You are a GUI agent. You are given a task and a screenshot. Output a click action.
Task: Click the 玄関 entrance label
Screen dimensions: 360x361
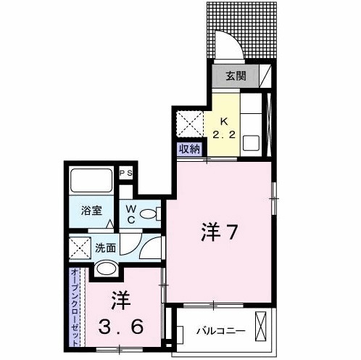pos(234,76)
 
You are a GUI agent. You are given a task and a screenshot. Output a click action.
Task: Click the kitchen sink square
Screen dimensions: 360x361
pos(251,143)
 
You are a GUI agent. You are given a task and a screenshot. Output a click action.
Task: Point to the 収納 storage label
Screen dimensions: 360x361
pos(188,150)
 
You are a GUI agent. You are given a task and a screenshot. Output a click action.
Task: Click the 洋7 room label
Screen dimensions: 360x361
pos(220,234)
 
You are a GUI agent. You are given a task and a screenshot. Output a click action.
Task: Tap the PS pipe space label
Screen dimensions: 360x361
pos(125,173)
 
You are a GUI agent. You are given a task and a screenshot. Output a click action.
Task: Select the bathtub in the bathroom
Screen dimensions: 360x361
pos(91,181)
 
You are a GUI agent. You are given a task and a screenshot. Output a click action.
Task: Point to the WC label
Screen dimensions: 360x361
pos(131,213)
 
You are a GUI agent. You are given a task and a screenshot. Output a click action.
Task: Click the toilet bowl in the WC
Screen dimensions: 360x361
pos(150,213)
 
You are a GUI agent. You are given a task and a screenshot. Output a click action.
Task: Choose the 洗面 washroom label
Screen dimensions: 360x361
pos(105,247)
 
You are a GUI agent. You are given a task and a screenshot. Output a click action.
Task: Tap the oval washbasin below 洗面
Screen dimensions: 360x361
pos(106,269)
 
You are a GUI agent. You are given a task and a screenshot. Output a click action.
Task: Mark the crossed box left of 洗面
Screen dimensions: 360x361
pos(79,247)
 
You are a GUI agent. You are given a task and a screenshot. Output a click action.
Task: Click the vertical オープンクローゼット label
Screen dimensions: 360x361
pos(75,305)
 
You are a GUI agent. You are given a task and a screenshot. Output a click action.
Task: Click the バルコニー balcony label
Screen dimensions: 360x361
pos(220,332)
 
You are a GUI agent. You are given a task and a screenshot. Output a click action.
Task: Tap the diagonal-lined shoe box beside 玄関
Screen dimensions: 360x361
pos(265,76)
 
